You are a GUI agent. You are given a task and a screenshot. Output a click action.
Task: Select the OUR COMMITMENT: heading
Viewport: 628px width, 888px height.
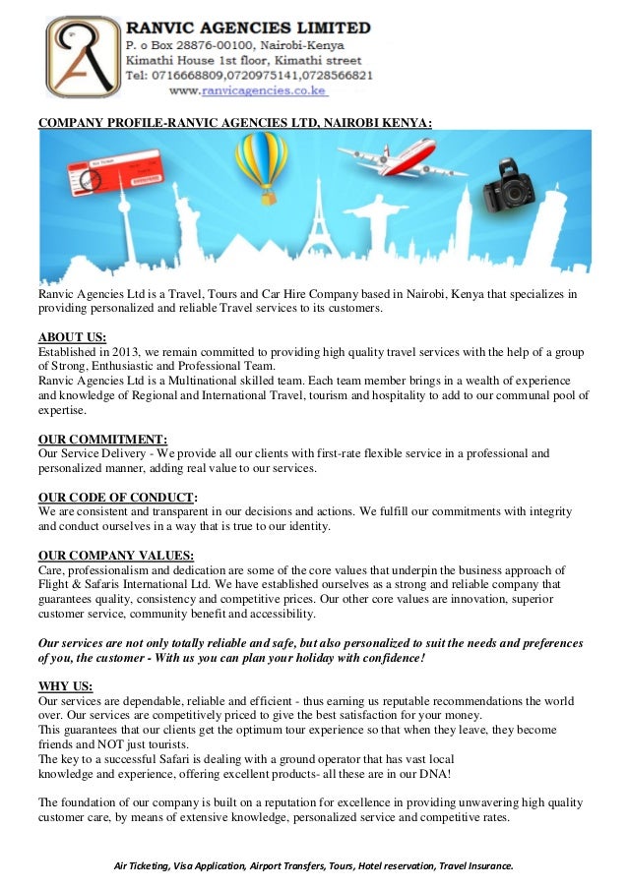click(x=102, y=439)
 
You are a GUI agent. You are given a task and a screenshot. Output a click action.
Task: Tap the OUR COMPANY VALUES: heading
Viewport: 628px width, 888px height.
click(x=115, y=554)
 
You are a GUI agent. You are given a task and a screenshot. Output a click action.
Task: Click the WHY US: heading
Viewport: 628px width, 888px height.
click(x=65, y=685)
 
